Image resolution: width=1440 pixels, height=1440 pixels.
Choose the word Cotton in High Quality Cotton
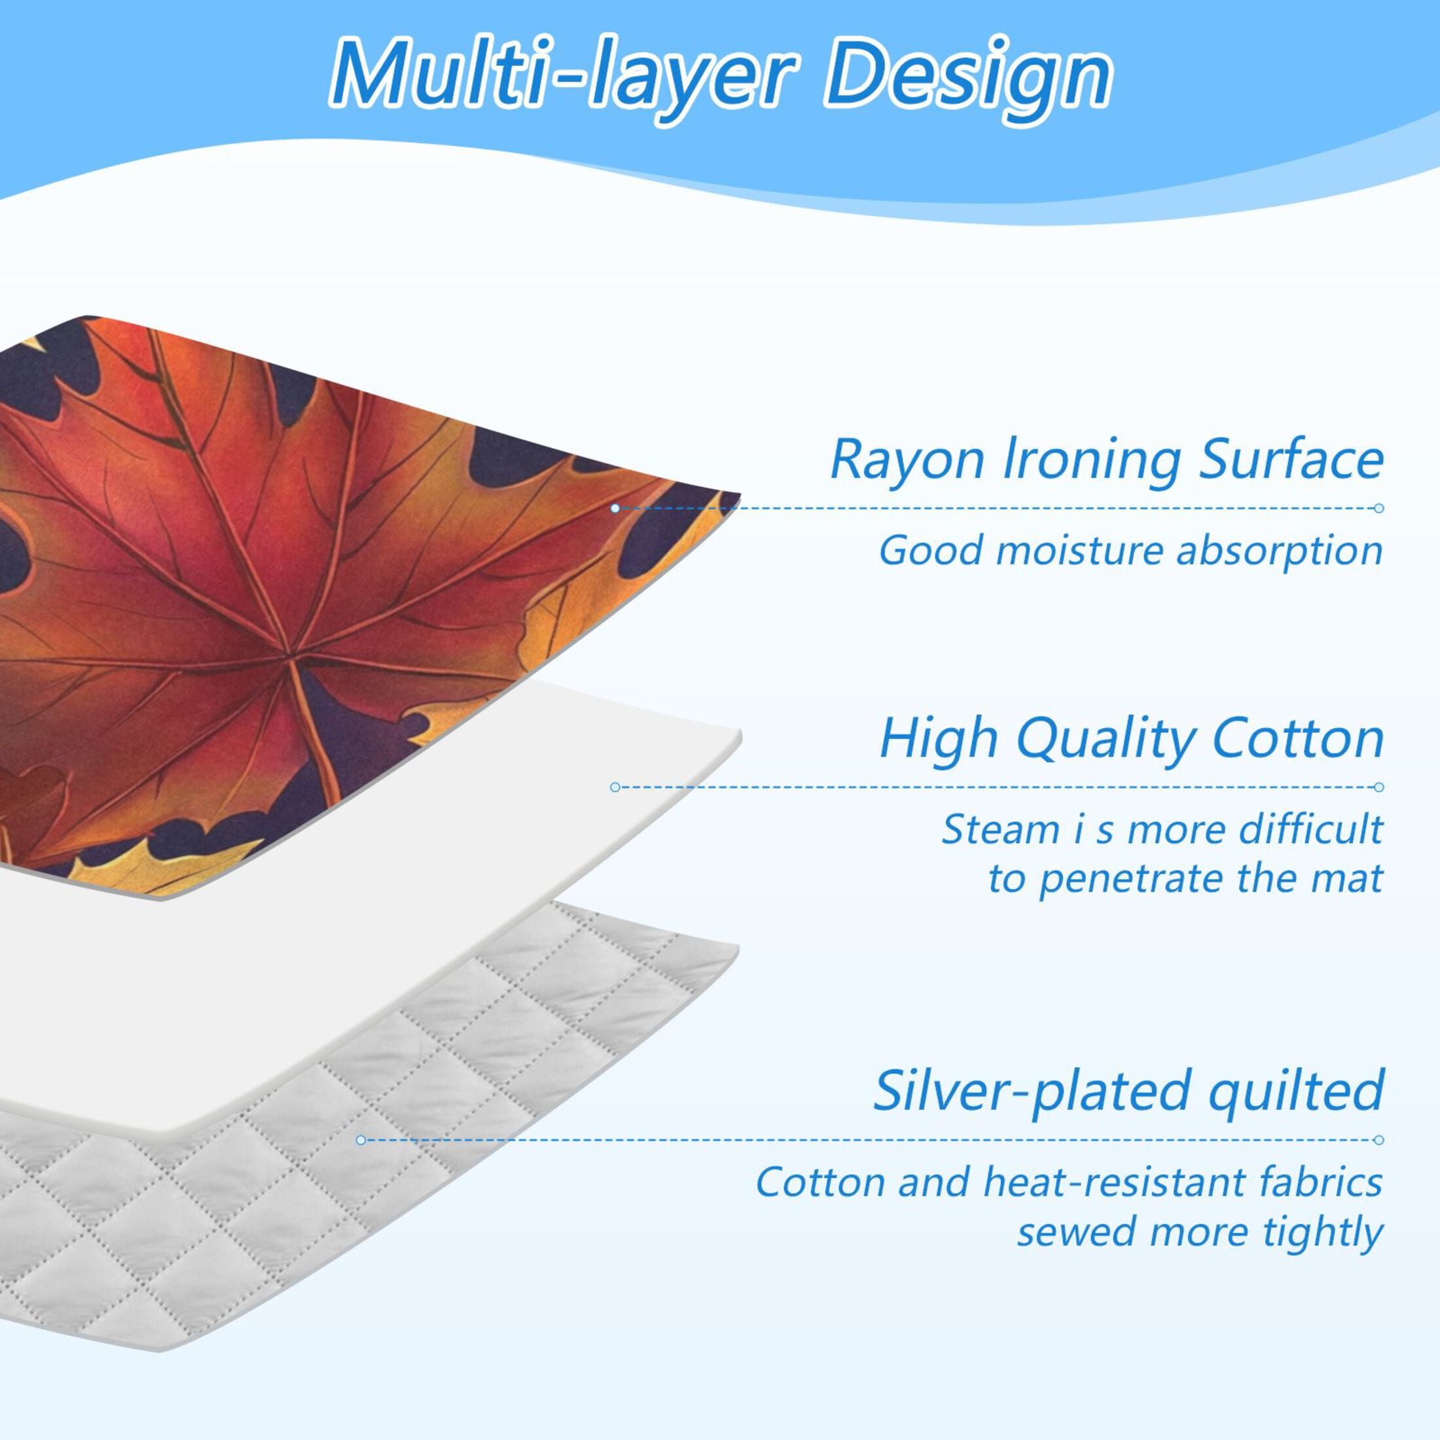[x=1299, y=740]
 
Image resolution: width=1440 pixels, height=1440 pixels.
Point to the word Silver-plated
[x=1032, y=1091]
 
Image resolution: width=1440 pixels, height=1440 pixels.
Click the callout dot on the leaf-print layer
[x=615, y=509]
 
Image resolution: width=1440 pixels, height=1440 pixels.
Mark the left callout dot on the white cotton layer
[x=615, y=787]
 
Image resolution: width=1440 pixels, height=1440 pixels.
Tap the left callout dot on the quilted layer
[x=361, y=1140]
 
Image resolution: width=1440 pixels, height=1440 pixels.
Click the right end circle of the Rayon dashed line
[x=1379, y=509]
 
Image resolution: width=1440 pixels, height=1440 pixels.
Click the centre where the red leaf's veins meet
[x=291, y=656]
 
